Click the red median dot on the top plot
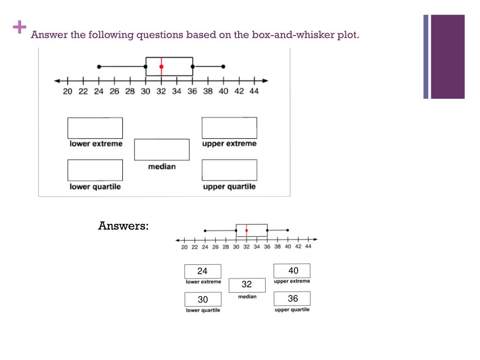(x=161, y=67)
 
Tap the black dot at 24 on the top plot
(x=99, y=67)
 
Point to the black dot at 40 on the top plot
(x=223, y=67)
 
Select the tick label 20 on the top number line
(x=68, y=91)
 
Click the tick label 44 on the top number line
(x=254, y=91)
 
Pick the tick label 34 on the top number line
(x=176, y=91)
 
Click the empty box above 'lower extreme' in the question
(x=95, y=128)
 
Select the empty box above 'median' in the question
(x=162, y=150)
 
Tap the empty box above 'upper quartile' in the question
(x=229, y=170)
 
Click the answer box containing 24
(x=202, y=271)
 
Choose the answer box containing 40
(x=292, y=270)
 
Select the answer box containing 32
(x=247, y=285)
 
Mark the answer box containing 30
(x=202, y=300)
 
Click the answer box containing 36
(x=292, y=299)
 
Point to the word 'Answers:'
(x=123, y=226)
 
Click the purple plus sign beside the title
(x=20, y=28)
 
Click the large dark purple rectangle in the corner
(x=448, y=57)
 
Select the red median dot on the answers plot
(x=246, y=230)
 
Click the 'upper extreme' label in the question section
(x=229, y=144)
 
